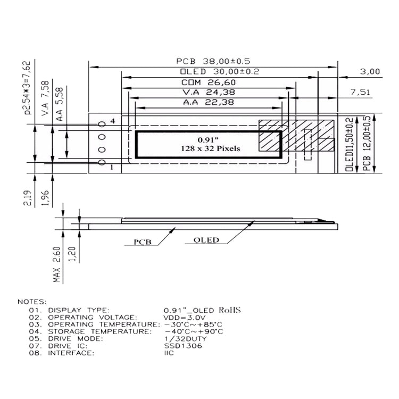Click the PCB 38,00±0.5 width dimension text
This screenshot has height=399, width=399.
213,61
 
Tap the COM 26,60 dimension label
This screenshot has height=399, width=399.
208,82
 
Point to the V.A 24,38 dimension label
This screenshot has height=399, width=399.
208,92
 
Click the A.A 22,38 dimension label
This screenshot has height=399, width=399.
208,102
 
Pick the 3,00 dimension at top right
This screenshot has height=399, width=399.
370,71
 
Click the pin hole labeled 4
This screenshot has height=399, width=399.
102,124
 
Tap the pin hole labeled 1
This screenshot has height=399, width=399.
102,163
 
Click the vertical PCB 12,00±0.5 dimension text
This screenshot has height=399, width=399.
367,144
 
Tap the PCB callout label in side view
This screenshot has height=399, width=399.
142,242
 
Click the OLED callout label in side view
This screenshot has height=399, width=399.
206,240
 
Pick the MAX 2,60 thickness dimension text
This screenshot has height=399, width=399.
57,264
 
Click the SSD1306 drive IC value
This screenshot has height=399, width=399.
179,345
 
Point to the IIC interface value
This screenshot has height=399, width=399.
169,353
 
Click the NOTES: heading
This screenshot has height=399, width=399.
32,302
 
